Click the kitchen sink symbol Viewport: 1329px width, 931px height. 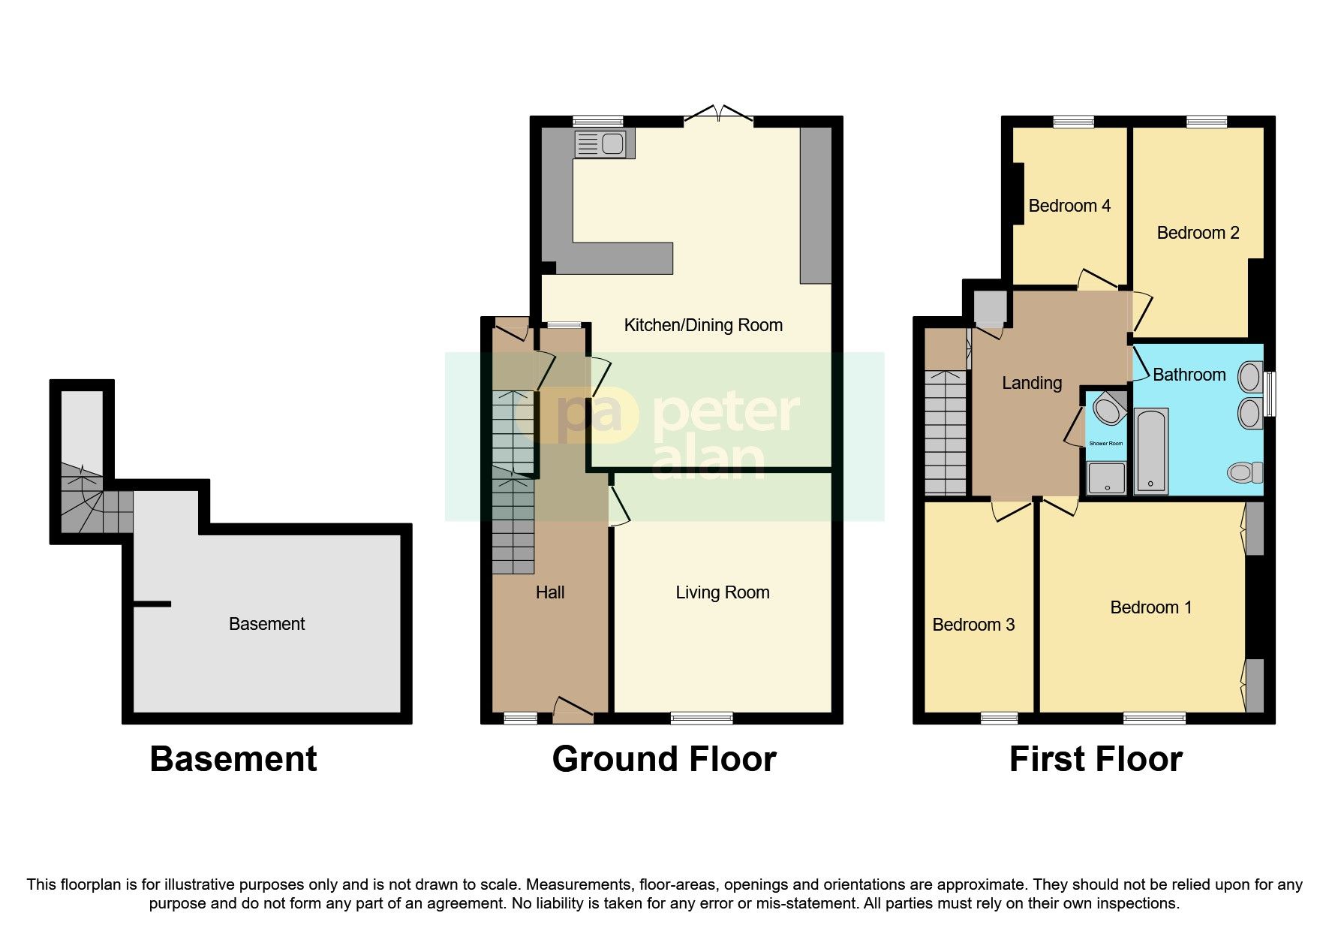[600, 143]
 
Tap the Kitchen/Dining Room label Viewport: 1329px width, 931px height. [703, 325]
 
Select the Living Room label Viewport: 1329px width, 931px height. [722, 592]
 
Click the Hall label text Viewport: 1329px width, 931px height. [549, 592]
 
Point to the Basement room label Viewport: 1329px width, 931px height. [266, 624]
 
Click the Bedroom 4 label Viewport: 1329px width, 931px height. [1069, 206]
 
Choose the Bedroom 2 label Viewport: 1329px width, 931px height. [1197, 233]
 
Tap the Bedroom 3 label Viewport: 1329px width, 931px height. [973, 625]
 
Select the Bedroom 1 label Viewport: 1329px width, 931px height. [1150, 607]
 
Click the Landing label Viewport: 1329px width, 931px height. [1032, 383]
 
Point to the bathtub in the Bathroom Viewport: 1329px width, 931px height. [1150, 450]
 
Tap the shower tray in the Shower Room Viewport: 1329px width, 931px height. [1106, 478]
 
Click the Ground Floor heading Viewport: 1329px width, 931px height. [663, 759]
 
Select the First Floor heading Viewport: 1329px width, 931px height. [1095, 759]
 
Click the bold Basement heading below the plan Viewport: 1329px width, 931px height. [233, 759]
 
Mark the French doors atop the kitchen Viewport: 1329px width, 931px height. [718, 116]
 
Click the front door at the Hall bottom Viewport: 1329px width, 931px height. [573, 710]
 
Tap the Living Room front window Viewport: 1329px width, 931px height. [702, 719]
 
